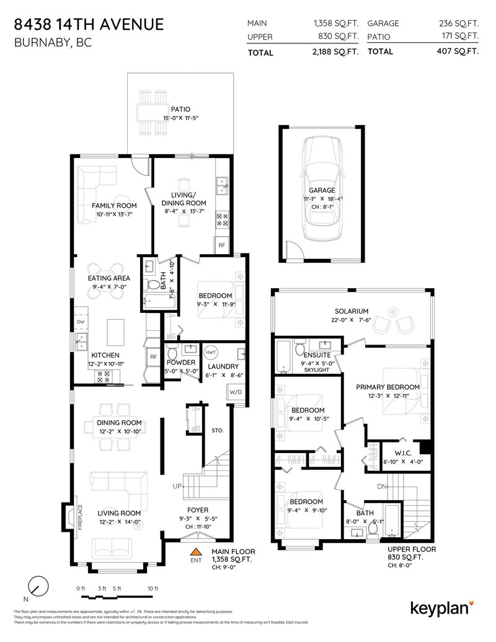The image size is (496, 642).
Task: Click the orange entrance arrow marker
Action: pyautogui.click(x=197, y=552)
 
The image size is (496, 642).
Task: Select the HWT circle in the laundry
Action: pyautogui.click(x=211, y=351)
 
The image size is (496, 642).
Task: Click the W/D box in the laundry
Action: pyautogui.click(x=236, y=392)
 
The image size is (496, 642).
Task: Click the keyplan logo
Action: pyautogui.click(x=441, y=606)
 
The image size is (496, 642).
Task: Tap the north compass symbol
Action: pyautogui.click(x=39, y=586)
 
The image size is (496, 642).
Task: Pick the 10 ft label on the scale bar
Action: pyautogui.click(x=153, y=588)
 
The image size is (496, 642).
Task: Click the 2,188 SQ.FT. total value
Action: pyautogui.click(x=335, y=52)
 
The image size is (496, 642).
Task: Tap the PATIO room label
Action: pyautogui.click(x=180, y=109)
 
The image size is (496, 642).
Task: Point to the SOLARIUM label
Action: pyautogui.click(x=351, y=311)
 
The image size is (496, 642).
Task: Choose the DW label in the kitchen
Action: pyautogui.click(x=81, y=322)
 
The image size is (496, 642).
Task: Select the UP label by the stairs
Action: pyautogui.click(x=177, y=486)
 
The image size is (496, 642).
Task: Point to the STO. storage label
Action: pyautogui.click(x=217, y=429)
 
